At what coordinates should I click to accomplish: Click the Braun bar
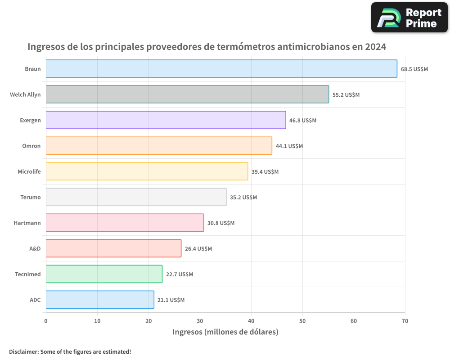(221, 69)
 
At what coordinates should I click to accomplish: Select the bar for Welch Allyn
(187, 94)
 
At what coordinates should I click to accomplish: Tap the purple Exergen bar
(166, 120)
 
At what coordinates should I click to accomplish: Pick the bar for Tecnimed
(104, 274)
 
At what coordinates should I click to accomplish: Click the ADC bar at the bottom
(100, 300)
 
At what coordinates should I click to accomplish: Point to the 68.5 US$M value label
(414, 69)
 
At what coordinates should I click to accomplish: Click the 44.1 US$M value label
(289, 146)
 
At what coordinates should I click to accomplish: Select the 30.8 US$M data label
(221, 223)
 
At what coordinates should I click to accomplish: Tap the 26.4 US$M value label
(198, 249)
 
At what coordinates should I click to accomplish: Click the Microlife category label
(29, 172)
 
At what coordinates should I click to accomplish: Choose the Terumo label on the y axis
(31, 198)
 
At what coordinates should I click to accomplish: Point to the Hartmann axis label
(27, 223)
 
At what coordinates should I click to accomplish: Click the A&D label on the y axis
(35, 249)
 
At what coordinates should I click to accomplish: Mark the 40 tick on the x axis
(251, 321)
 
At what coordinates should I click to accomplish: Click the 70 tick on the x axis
(405, 321)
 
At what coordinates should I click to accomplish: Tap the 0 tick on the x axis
(46, 321)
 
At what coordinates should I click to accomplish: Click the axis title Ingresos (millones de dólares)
(225, 332)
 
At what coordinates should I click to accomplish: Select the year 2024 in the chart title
(375, 47)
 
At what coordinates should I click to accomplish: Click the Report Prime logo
(409, 18)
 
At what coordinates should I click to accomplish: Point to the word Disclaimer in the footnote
(23, 351)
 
